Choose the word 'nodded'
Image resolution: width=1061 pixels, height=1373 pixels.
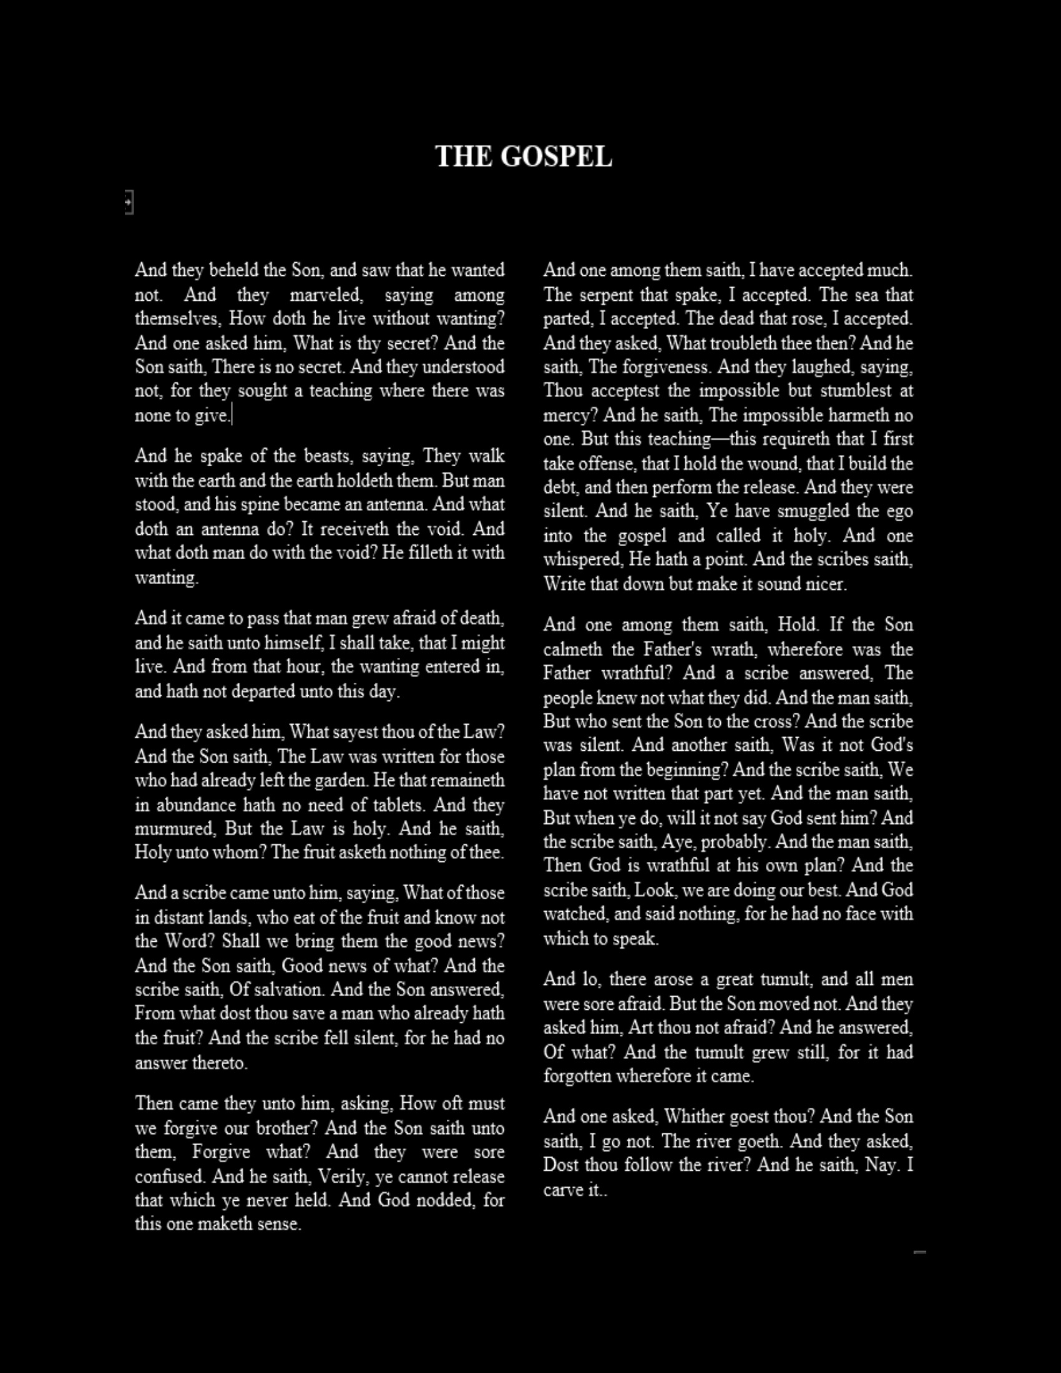[444, 1200]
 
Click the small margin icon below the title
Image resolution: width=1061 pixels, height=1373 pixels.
[129, 202]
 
